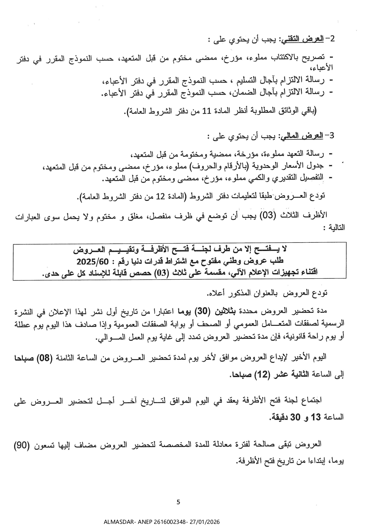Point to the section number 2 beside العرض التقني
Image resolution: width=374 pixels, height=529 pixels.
point(332,39)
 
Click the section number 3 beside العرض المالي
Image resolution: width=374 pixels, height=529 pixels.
point(332,136)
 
